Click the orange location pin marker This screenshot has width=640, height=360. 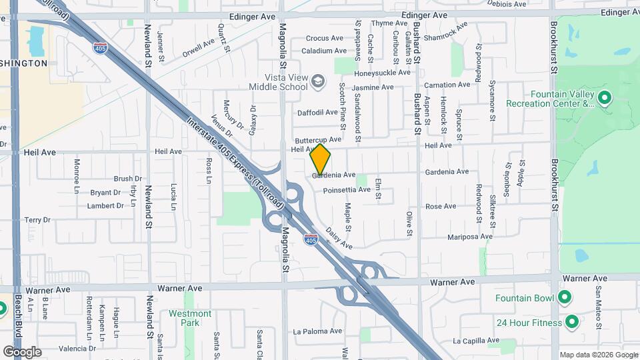(321, 159)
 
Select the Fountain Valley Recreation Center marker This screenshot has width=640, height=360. (605, 99)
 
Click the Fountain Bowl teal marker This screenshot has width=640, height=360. (565, 297)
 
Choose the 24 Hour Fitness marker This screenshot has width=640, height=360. (571, 323)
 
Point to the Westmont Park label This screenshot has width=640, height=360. (190, 318)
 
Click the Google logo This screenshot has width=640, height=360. (22, 352)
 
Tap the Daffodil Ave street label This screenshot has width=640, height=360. (318, 113)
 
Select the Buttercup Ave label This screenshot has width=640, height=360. (318, 139)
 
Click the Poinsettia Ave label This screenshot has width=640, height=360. (346, 190)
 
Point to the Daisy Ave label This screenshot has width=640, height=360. (339, 239)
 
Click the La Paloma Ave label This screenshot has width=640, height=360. (317, 331)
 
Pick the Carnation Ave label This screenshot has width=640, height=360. (448, 85)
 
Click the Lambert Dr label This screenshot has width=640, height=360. (105, 206)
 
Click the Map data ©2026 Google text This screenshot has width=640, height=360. (597, 355)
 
